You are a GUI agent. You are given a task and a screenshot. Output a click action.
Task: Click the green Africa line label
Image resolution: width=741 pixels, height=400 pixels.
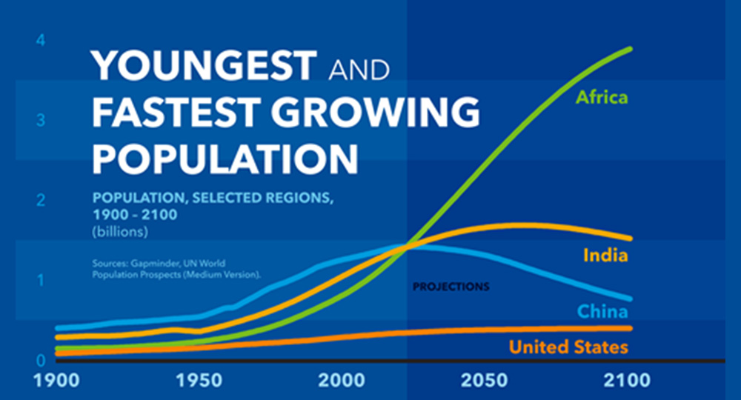[x=602, y=97]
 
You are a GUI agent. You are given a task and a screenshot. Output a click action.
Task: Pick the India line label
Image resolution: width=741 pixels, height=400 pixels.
[x=605, y=256]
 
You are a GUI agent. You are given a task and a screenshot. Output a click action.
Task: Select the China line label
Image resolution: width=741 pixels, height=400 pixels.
[x=602, y=312]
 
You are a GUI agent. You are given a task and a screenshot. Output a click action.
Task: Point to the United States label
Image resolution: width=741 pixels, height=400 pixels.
[x=568, y=347]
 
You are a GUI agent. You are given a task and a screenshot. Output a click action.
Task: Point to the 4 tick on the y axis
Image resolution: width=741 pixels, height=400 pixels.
[x=41, y=41]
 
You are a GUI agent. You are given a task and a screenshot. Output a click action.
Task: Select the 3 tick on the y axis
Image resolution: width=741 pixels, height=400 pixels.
[x=41, y=121]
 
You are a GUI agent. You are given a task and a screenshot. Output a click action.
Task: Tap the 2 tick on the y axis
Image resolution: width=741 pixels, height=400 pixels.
[x=41, y=200]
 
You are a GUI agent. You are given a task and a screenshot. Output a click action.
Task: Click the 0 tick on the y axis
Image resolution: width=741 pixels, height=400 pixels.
[x=41, y=361]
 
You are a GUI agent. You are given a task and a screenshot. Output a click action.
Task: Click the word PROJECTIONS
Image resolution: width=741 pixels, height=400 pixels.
[x=451, y=286]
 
